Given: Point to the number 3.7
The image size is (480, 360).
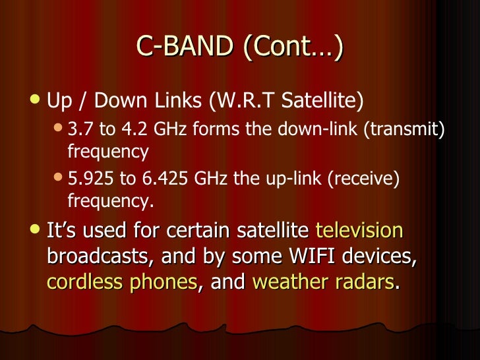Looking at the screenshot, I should coord(79,131).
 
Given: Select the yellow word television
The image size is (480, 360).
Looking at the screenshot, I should coord(359,231).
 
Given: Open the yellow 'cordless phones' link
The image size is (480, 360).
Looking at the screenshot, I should coord(122,282).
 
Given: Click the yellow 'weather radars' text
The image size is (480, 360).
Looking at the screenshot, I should coord(323,282).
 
